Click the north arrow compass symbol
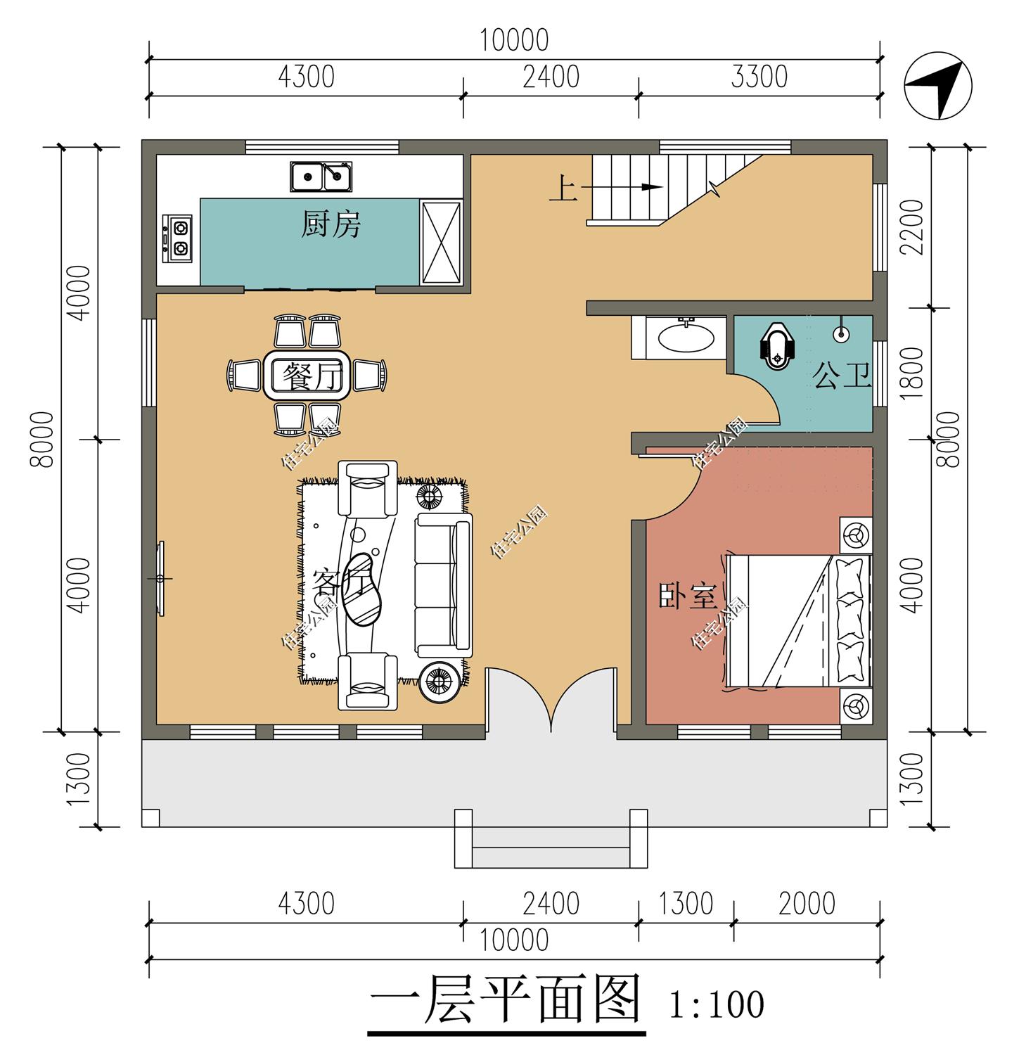(937, 86)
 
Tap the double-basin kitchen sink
(321, 176)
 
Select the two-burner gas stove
(178, 238)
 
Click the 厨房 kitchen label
(331, 224)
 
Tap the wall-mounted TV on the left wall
(161, 578)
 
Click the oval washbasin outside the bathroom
(686, 337)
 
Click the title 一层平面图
(505, 999)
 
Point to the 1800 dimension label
(911, 373)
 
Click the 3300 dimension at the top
(759, 77)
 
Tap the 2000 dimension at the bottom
(807, 904)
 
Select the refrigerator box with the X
(440, 242)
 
